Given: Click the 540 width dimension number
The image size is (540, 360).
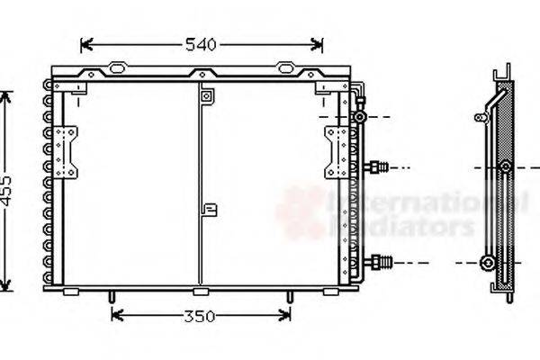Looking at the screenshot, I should pos(202,44).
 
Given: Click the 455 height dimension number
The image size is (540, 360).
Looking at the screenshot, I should pos(7,190).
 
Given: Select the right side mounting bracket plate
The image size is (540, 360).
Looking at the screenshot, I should pos(337,151).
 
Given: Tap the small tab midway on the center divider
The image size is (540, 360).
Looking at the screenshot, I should pos(210,211).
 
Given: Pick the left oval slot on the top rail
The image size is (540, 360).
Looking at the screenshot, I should pos(117,67).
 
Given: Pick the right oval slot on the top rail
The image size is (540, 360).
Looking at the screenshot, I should pos(285,67).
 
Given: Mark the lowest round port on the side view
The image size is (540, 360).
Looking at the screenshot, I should pos(488,262).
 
